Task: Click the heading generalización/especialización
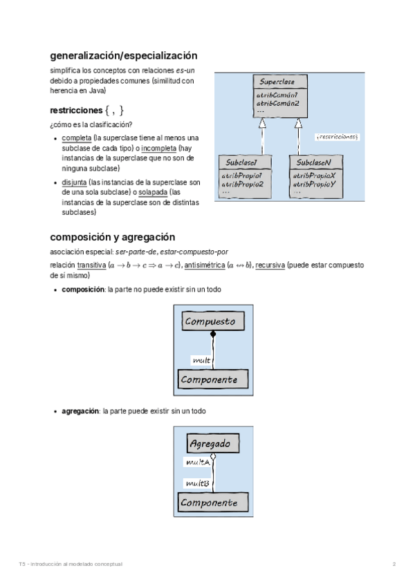124,55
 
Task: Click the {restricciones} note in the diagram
337,137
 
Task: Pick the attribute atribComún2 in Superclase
277,103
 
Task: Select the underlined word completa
76,138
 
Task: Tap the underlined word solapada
152,192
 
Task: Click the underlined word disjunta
74,182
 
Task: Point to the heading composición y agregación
112,237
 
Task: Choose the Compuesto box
210,321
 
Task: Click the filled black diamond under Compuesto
213,334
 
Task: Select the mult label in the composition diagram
201,360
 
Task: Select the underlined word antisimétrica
205,265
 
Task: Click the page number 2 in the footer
394,564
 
